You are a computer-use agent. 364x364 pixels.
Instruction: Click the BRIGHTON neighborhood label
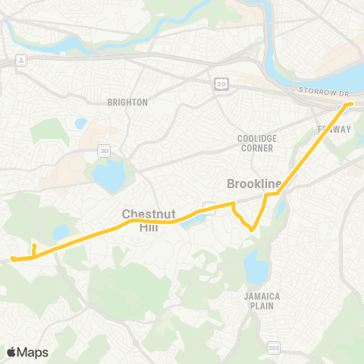127,102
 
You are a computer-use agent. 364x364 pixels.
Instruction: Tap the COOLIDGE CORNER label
257,143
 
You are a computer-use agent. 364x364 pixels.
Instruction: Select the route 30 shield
102,152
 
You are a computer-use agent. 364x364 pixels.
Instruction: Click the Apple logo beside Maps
12,352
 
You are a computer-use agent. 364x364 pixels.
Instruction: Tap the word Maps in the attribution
33,352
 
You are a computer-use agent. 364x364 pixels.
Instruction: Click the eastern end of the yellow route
350,103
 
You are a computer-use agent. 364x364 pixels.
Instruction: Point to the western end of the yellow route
13,259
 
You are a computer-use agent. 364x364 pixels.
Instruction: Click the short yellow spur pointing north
33,248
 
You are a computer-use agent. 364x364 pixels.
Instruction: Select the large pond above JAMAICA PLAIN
256,268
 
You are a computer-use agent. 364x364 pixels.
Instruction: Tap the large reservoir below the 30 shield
108,177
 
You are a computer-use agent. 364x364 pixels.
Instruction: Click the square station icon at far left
22,60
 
